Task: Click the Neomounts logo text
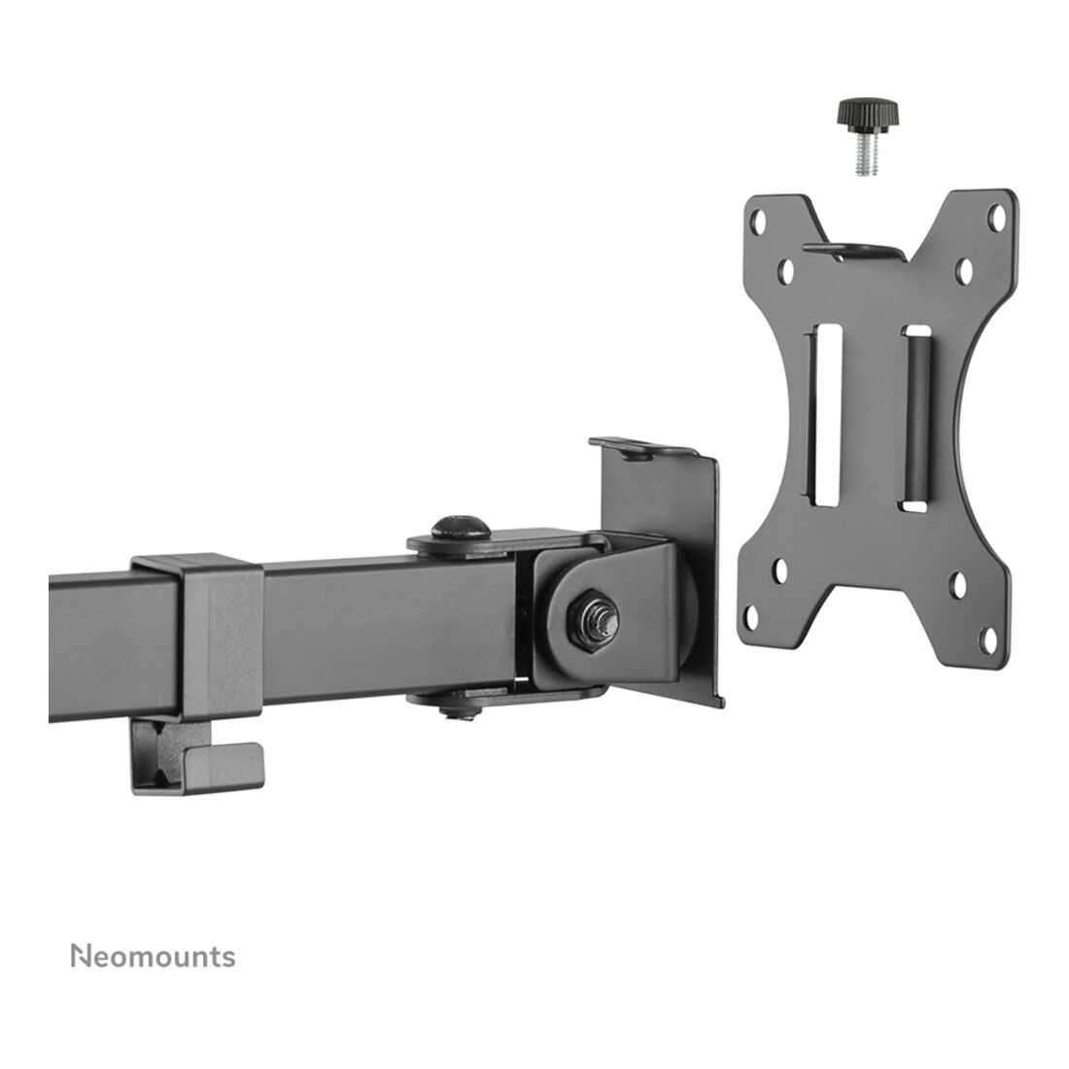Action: point(154,956)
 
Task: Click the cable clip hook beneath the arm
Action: point(197,757)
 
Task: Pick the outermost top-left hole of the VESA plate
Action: point(757,220)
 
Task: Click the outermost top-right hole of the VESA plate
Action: point(996,218)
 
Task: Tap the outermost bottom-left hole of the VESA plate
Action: point(752,616)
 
